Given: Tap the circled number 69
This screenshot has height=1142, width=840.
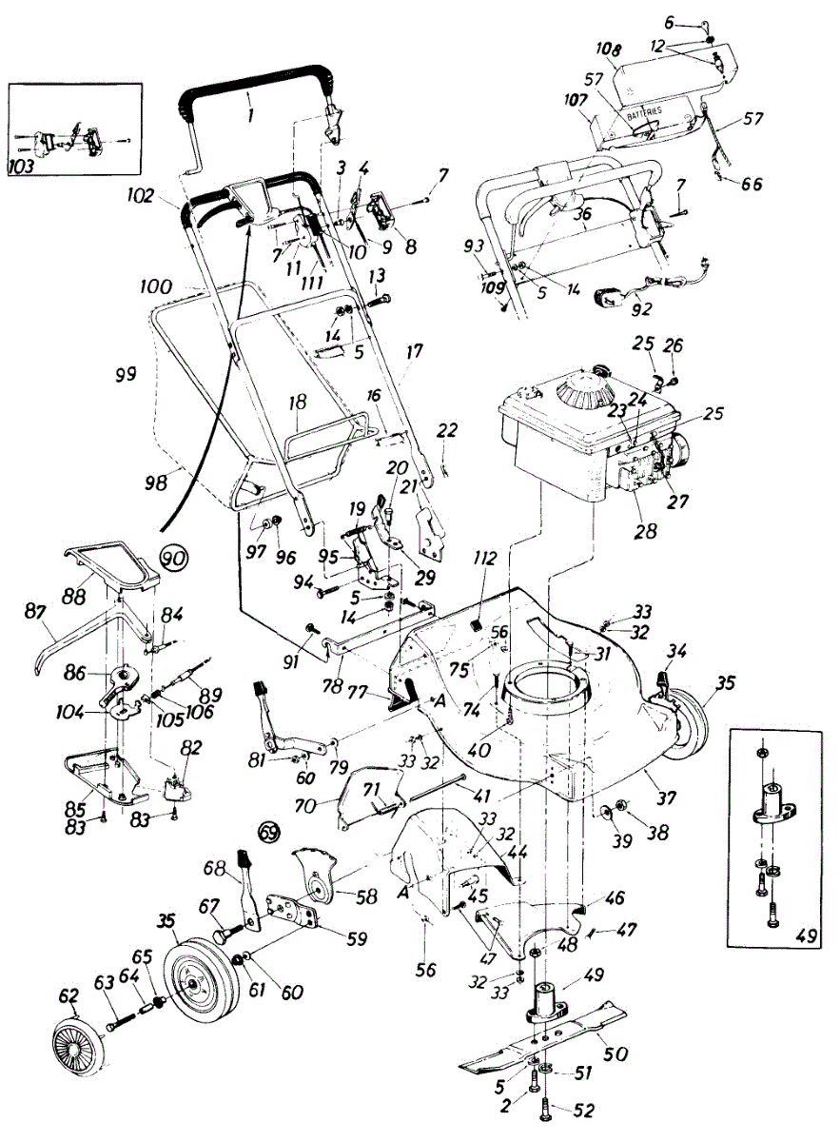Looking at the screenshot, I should pyautogui.click(x=269, y=831).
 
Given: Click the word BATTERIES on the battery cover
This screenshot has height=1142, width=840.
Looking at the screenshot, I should pyautogui.click(x=657, y=112).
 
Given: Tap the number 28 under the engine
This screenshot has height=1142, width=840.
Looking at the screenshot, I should pyautogui.click(x=645, y=531).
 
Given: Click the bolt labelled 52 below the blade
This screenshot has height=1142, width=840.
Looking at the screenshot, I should pyautogui.click(x=543, y=1108).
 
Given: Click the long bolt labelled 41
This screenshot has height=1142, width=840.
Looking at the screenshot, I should pyautogui.click(x=438, y=790).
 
